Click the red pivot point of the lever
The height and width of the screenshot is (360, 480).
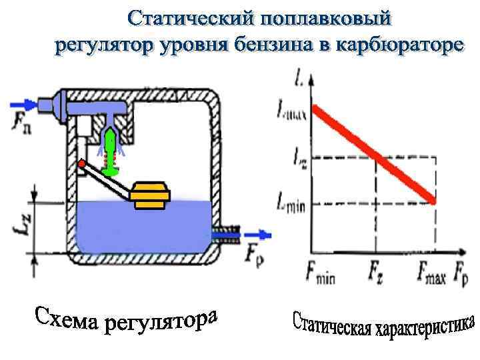tap(81, 163)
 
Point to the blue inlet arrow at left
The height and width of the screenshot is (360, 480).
tap(24, 104)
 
